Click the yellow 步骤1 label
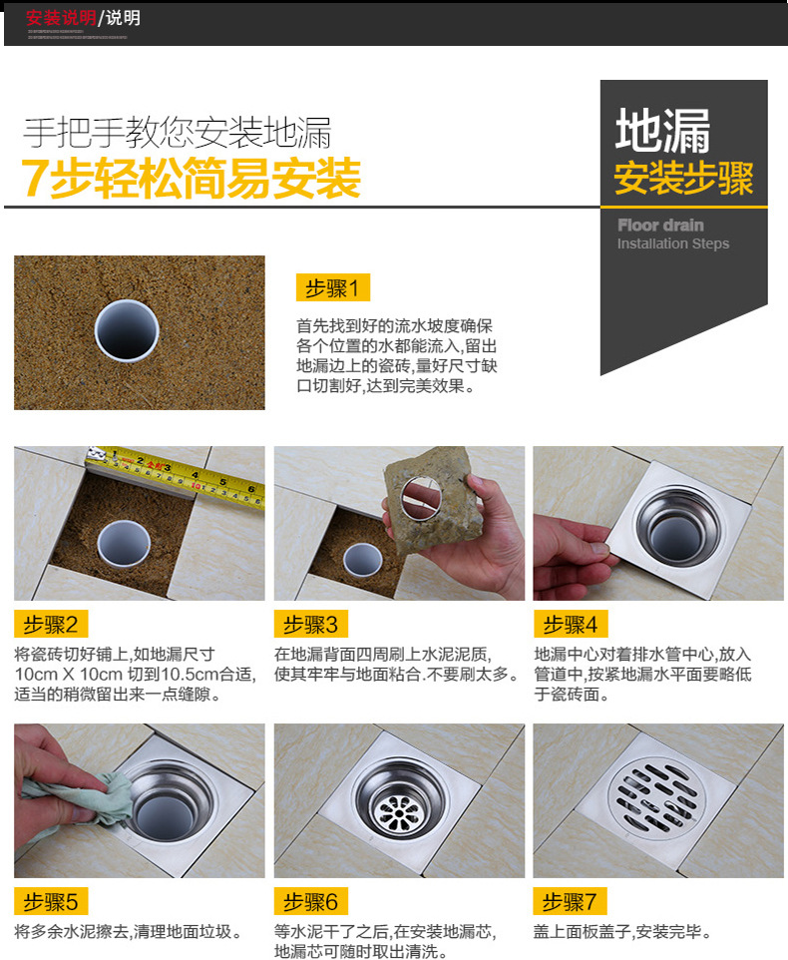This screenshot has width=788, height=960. point(333,288)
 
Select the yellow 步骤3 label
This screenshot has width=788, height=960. point(310,625)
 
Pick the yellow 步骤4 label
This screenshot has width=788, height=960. point(570,625)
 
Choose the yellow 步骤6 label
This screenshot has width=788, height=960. point(310,902)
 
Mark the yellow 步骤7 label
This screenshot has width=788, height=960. point(570,902)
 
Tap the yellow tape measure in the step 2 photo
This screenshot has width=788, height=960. point(180,475)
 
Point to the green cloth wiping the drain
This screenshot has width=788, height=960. point(75,798)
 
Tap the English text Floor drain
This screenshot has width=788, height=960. point(659,226)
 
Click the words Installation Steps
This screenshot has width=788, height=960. point(672,244)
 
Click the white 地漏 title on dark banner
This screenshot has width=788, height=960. point(663,132)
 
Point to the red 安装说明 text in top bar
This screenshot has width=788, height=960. point(60,18)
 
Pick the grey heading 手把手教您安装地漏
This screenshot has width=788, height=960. point(178,133)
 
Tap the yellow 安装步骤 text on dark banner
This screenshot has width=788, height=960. point(683,179)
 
